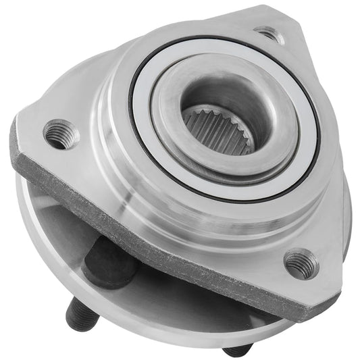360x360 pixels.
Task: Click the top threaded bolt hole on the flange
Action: [269, 34]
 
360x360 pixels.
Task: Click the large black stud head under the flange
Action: [108, 260]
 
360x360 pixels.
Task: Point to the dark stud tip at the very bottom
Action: [238, 350]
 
